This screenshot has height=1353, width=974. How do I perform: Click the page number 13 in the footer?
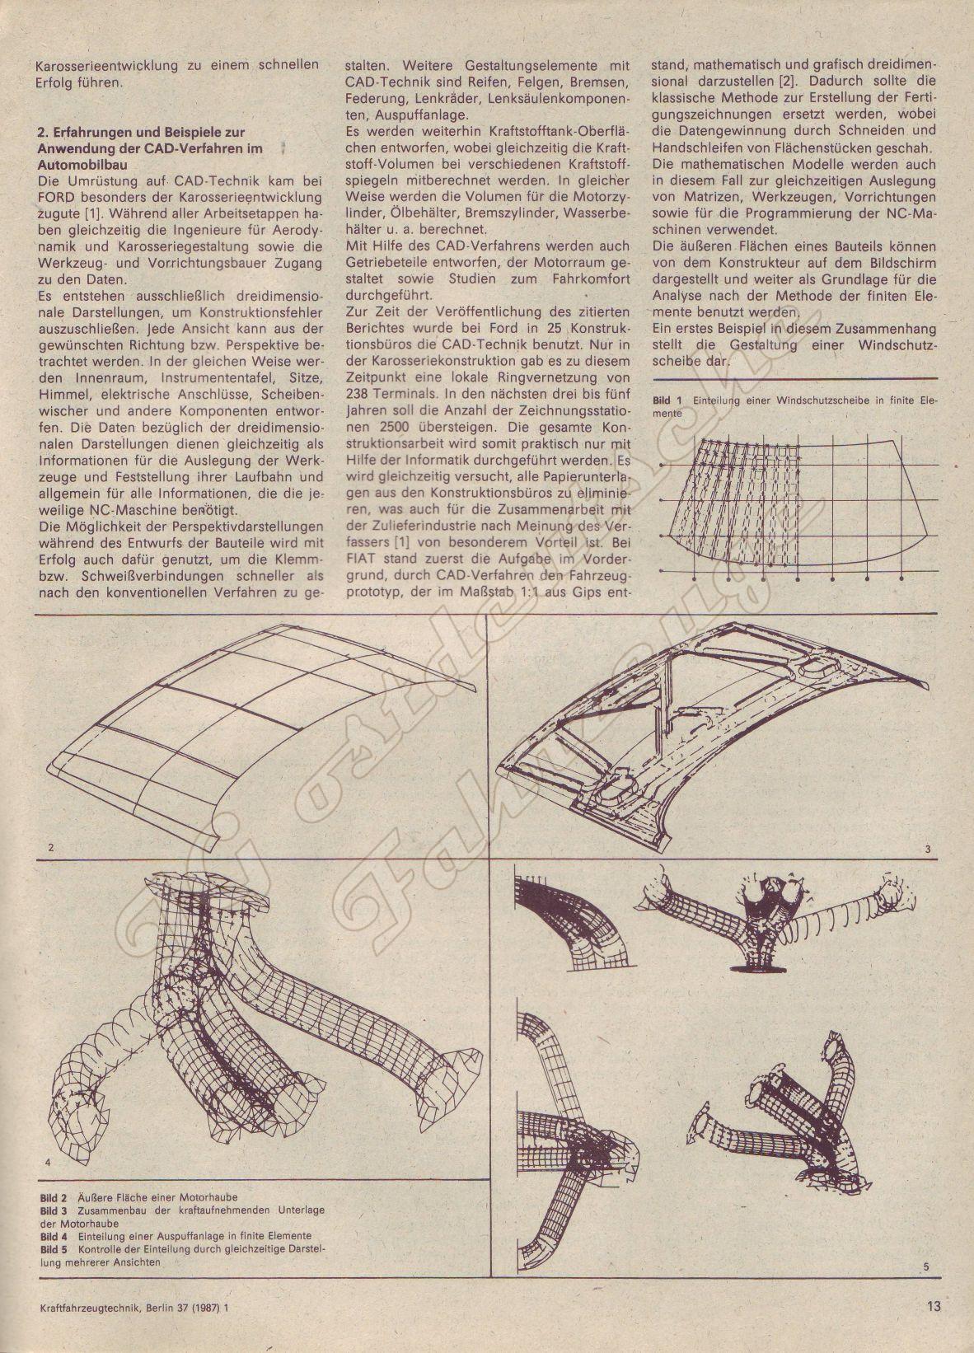(x=933, y=1328)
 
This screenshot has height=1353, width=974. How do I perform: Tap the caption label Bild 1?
(x=667, y=400)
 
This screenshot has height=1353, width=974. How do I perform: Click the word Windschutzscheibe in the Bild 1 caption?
(x=818, y=400)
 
